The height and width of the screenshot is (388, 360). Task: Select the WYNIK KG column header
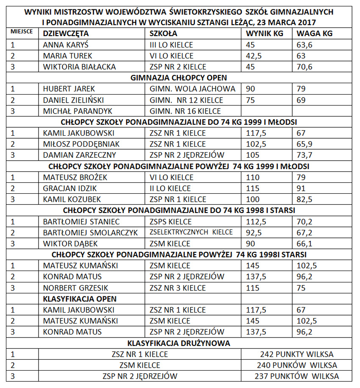coord(266,34)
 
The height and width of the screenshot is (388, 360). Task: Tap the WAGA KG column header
coord(314,34)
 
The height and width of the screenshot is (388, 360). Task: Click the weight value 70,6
coord(305,67)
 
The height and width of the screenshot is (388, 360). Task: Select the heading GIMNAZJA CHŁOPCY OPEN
coord(179,78)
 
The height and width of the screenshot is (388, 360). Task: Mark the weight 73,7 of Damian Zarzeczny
coord(304,155)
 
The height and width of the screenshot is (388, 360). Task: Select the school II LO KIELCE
coord(171,188)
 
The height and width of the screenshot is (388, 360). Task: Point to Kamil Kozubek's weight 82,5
coord(304,199)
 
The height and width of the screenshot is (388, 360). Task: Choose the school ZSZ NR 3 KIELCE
coord(178,288)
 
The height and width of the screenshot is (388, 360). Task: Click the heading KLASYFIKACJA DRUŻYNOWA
coord(179,343)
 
